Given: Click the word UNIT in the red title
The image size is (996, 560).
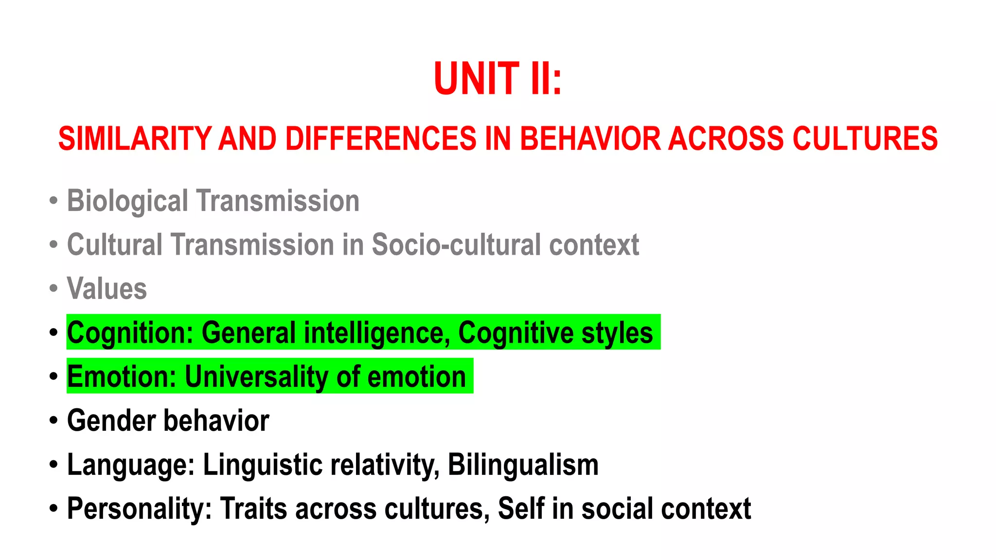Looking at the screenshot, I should click(476, 79).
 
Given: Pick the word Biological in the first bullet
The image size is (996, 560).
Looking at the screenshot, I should click(127, 201).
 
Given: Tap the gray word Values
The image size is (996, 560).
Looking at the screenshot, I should click(107, 289).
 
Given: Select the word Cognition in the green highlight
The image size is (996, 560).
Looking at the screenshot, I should click(130, 333).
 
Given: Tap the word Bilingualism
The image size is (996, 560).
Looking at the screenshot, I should click(523, 465).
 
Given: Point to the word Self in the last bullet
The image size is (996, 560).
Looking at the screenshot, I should click(520, 509).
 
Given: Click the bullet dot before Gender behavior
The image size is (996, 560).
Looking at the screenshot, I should click(53, 421).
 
